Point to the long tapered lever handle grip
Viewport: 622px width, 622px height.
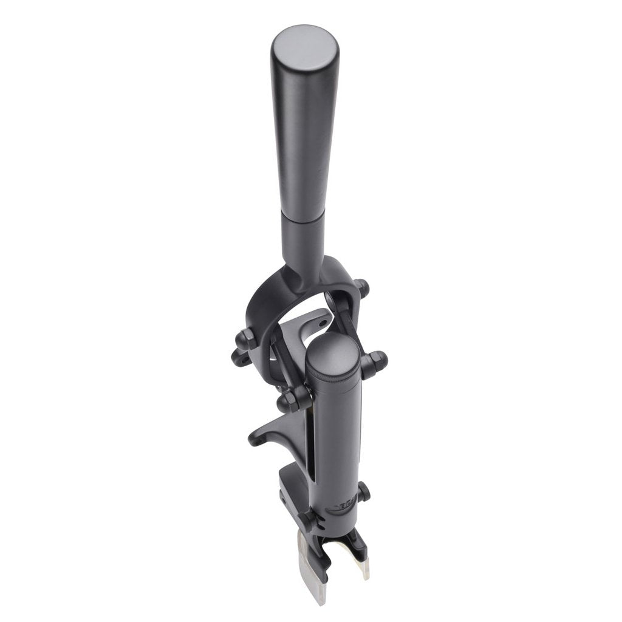pyautogui.click(x=304, y=140)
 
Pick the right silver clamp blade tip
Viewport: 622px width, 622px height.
pyautogui.click(x=365, y=568)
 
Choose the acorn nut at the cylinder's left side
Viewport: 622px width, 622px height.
pyautogui.click(x=290, y=402)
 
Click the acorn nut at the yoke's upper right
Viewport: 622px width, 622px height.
pyautogui.click(x=362, y=287)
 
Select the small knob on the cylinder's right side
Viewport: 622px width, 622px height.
pyautogui.click(x=364, y=491)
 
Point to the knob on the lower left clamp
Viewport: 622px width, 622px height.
pyautogui.click(x=307, y=520)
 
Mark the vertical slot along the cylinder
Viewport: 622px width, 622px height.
pyautogui.click(x=312, y=449)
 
